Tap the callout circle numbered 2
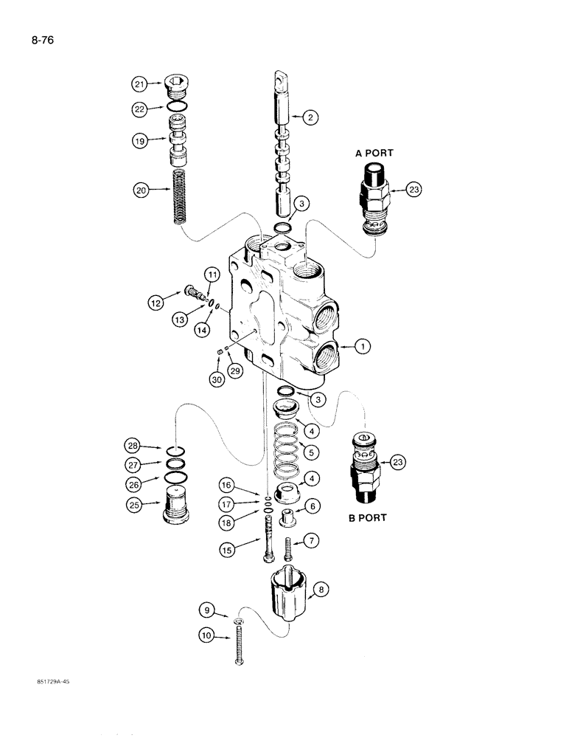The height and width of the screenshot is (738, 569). point(312,116)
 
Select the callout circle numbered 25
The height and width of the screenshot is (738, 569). point(135,506)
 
